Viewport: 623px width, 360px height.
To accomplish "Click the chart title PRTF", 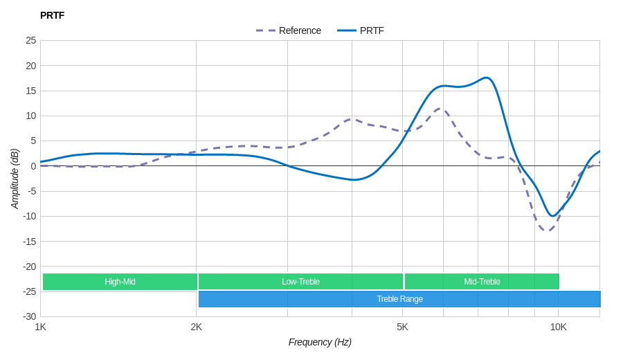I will [x=52, y=15].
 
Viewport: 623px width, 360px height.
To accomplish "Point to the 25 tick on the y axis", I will [x=31, y=40].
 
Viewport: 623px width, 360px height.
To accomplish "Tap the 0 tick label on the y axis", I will [x=33, y=166].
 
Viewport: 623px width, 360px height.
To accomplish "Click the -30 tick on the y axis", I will [x=30, y=316].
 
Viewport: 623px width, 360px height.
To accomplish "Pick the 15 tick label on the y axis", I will [x=31, y=91].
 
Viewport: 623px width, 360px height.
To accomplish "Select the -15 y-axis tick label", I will [x=30, y=241].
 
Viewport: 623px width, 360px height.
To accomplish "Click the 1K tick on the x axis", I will [x=41, y=327].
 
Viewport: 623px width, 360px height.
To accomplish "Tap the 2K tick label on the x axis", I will [x=197, y=327].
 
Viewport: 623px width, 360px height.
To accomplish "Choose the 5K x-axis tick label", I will [x=402, y=327].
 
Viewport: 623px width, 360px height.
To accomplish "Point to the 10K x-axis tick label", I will [x=558, y=327].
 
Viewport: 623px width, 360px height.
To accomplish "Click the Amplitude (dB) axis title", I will [x=15, y=179].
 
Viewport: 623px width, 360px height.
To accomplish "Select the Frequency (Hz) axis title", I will [x=320, y=342].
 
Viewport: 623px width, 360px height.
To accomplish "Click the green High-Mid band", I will [x=120, y=282].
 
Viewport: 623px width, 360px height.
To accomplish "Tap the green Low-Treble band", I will [x=300, y=282].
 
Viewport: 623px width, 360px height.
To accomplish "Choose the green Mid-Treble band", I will [x=482, y=282].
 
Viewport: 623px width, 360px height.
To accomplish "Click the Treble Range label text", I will [x=399, y=299].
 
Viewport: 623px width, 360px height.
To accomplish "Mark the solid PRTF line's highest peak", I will [x=487, y=78].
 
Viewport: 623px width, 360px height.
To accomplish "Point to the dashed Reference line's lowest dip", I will [x=548, y=230].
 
